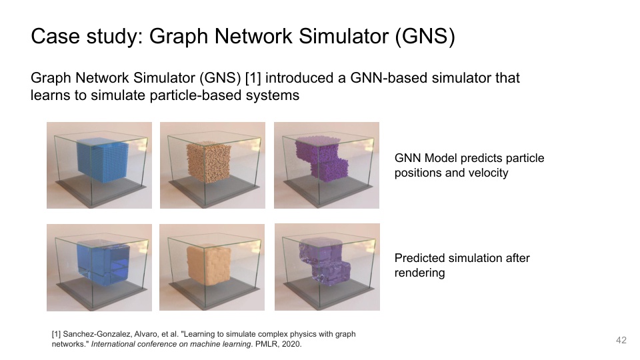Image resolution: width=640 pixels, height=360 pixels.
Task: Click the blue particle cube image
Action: point(99,165)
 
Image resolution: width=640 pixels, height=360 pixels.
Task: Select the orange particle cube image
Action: point(213,165)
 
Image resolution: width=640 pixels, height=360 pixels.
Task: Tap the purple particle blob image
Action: point(327,165)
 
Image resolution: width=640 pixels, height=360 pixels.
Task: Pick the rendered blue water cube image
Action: point(99,267)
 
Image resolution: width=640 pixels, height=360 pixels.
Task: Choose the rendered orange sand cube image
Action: point(213,267)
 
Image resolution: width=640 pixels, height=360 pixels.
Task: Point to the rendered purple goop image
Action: point(327,267)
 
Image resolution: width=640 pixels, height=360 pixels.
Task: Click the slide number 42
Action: point(621,341)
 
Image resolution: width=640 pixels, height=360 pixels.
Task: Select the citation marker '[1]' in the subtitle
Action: point(253,78)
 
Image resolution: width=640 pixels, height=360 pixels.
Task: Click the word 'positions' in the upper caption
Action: point(418,173)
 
